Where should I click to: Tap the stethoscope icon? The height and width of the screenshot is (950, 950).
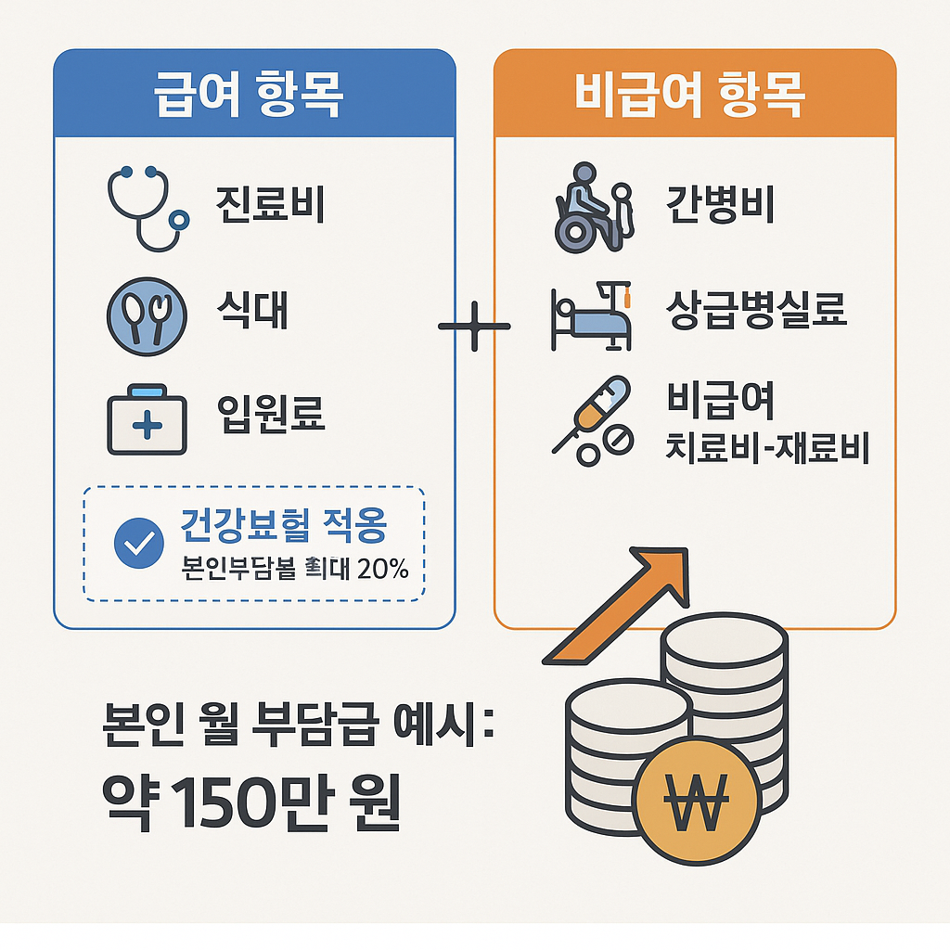coord(146,208)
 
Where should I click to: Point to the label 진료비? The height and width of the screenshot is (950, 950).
coord(270,205)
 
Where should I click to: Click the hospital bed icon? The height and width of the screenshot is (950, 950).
coord(592,317)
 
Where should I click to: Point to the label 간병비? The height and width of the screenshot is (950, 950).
coord(720,205)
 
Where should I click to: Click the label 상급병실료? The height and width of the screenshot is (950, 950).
coord(756,312)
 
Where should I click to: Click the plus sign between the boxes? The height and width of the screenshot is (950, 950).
coord(473,326)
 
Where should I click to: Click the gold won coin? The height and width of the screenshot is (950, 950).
coord(700,797)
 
